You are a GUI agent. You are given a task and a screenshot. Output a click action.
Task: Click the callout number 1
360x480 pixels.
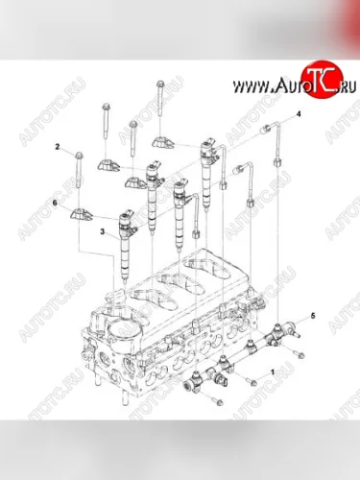click(x=272, y=370)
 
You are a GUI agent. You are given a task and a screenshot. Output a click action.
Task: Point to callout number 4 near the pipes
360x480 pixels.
click(x=298, y=113)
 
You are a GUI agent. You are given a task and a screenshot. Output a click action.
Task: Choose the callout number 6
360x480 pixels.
click(x=54, y=204)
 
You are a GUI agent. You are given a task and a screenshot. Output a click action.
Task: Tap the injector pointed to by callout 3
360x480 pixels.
click(x=126, y=235)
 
